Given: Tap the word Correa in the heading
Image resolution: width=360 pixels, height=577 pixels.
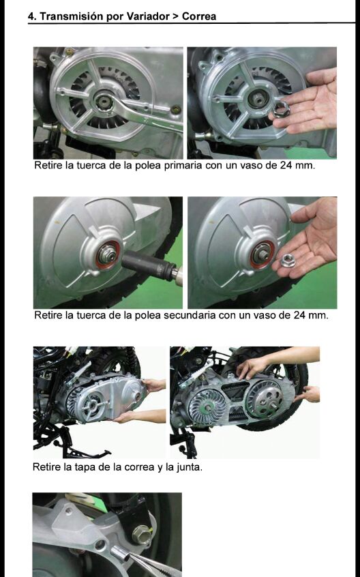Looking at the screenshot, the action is (x=199, y=16).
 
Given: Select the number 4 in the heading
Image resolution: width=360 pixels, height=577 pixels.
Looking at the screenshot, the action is (x=31, y=16).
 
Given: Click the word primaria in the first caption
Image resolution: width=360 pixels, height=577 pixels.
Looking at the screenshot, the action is (x=183, y=166).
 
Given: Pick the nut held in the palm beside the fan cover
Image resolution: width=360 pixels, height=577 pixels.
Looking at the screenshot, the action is (x=281, y=110).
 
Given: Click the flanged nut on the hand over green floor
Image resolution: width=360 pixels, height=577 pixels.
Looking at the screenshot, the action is (x=288, y=261).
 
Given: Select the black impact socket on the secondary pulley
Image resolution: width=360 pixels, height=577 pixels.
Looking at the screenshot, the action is (x=149, y=265).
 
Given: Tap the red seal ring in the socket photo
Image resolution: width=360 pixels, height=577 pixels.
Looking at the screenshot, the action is (x=107, y=254).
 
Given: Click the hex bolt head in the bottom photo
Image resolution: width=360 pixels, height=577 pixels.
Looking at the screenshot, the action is (x=142, y=535).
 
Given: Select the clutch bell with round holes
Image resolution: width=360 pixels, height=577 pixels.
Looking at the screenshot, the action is (x=265, y=400).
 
